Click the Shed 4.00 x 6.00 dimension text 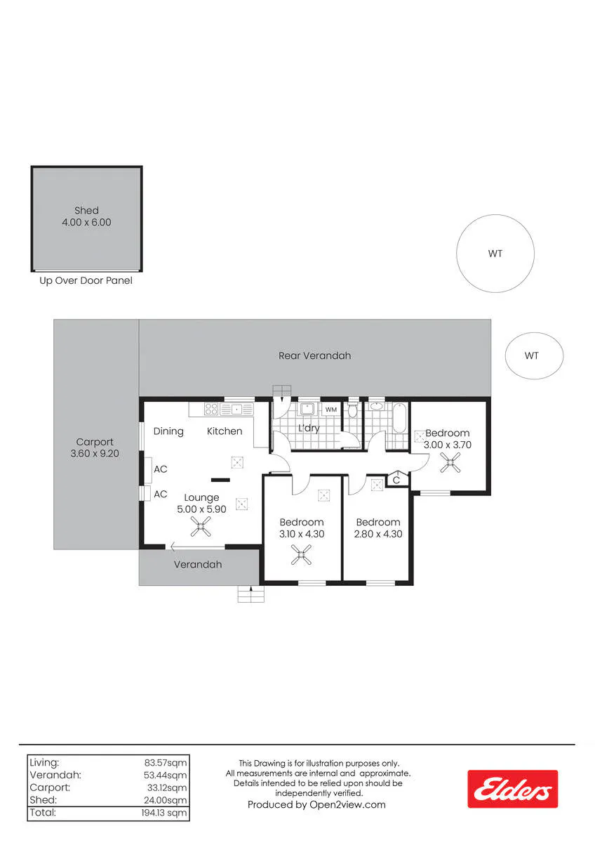click(86, 222)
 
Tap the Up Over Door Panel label click(86, 281)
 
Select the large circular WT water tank click(495, 254)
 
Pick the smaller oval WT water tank click(534, 355)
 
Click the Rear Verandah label click(314, 355)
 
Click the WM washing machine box click(330, 410)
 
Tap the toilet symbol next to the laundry click(352, 409)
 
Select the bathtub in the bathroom click(399, 418)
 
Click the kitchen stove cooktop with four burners click(211, 409)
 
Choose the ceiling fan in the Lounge click(201, 526)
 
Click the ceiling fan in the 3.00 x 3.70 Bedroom click(450, 462)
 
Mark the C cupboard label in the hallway click(396, 481)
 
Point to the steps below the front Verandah click(250, 594)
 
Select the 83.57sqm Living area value click(166, 762)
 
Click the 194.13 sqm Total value click(164, 813)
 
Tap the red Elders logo click(512, 789)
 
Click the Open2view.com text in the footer click(347, 805)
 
